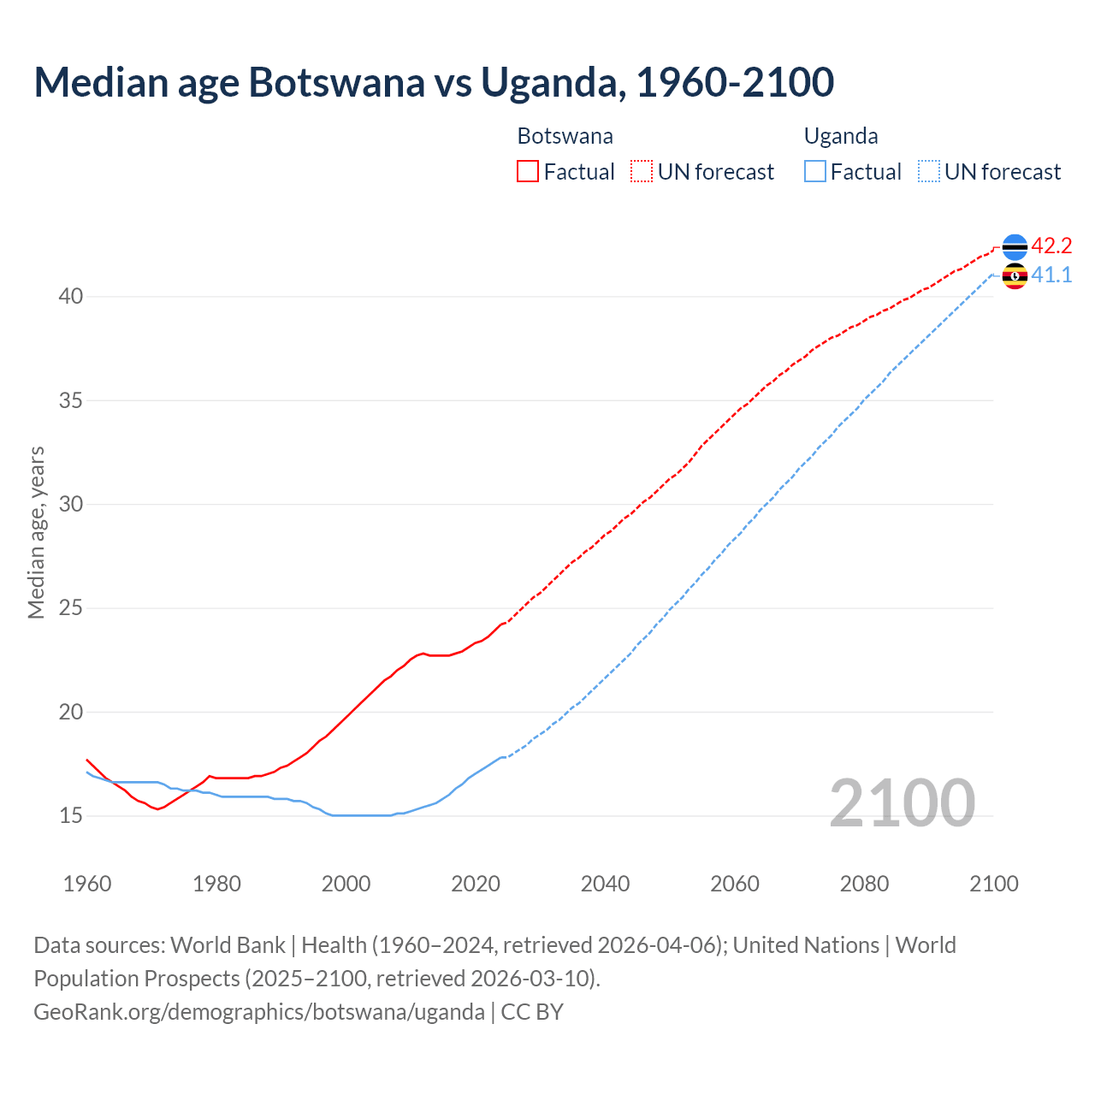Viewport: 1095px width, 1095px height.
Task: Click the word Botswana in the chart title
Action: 336,82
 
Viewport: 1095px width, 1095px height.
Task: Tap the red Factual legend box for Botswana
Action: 528,172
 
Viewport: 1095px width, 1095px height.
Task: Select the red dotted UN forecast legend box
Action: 642,172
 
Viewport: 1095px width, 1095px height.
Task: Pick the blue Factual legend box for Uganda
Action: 815,172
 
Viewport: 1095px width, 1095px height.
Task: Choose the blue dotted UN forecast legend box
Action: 929,172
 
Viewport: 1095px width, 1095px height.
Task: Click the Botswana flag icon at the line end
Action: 1015,246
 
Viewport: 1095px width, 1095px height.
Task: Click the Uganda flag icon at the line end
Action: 1015,275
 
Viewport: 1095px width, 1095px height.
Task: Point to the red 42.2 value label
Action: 1051,246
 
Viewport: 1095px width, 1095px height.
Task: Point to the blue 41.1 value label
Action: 1051,275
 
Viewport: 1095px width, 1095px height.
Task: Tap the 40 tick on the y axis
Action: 71,297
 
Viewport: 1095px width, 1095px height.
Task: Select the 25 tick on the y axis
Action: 71,608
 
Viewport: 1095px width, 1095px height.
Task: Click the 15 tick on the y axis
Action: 71,816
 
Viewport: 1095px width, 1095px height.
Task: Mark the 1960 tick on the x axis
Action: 87,884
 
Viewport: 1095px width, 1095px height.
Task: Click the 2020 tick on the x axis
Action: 476,884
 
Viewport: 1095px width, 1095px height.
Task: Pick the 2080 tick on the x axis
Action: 864,884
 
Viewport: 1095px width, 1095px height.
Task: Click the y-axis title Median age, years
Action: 36,532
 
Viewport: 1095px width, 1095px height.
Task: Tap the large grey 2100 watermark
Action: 903,802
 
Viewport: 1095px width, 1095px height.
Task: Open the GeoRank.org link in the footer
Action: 259,1012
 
